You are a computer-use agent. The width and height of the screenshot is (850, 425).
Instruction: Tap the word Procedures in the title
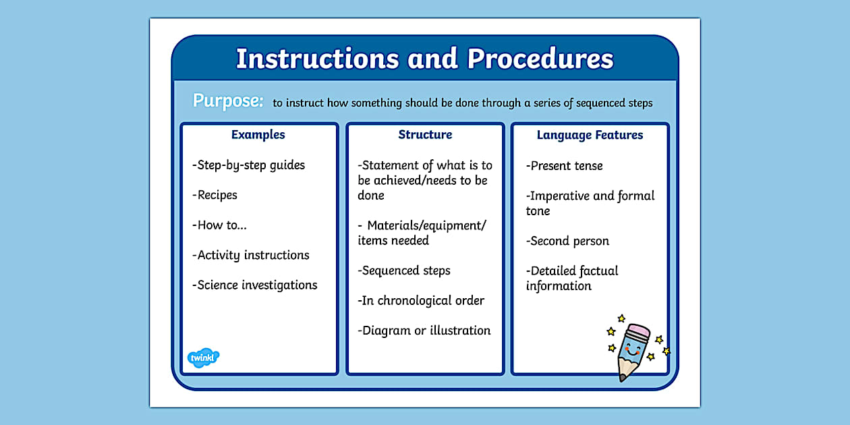(x=540, y=59)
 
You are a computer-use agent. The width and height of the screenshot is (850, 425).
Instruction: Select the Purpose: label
(x=228, y=101)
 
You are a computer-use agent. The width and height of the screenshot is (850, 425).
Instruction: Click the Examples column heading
(x=258, y=135)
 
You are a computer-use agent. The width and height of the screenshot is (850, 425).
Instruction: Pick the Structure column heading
(x=425, y=135)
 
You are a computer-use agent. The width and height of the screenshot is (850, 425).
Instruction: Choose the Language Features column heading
(x=590, y=136)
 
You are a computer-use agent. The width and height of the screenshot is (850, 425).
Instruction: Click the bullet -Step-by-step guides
(x=248, y=165)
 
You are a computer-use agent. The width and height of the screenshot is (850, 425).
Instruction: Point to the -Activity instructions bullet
(x=250, y=255)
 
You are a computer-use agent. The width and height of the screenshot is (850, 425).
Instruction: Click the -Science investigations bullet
(x=254, y=285)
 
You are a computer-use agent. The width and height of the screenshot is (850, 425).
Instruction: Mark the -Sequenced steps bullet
(x=404, y=271)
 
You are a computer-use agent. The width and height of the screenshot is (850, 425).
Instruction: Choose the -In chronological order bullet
(x=421, y=301)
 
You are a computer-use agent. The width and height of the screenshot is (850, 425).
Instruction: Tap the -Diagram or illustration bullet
(x=424, y=331)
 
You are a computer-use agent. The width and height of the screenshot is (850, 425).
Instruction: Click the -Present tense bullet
(x=565, y=166)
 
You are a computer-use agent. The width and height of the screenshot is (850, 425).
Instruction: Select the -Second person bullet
(x=567, y=241)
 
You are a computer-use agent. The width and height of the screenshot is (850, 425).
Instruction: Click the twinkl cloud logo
(x=203, y=358)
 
